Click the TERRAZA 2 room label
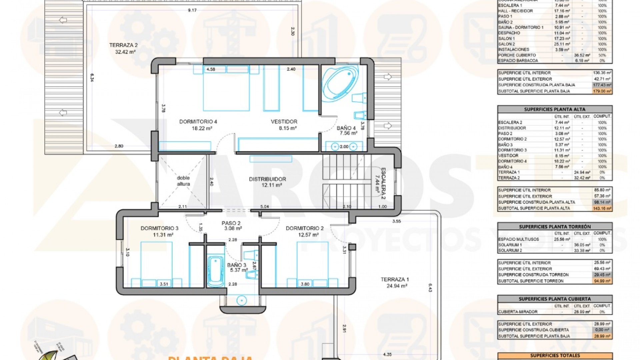123,48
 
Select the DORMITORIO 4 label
198,125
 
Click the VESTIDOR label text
284,122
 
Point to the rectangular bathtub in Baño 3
215,271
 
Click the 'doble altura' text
183,181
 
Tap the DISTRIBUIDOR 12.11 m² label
267,182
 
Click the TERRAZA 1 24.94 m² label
395,282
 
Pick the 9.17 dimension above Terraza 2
192,10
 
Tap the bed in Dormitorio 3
156,263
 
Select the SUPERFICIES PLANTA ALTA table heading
554,109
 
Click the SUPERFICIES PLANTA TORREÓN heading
554,227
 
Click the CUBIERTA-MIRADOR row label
518,312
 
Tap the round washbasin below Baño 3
241,300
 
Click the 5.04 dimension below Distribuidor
264,207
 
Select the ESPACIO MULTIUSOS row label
518,239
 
